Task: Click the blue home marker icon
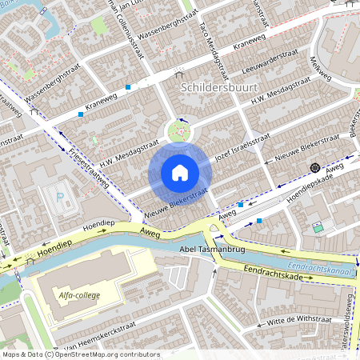click(x=180, y=172)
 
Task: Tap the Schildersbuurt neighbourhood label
click(x=218, y=86)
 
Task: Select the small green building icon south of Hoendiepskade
click(x=318, y=229)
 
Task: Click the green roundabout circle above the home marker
click(x=180, y=130)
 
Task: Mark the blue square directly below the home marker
click(x=240, y=205)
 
